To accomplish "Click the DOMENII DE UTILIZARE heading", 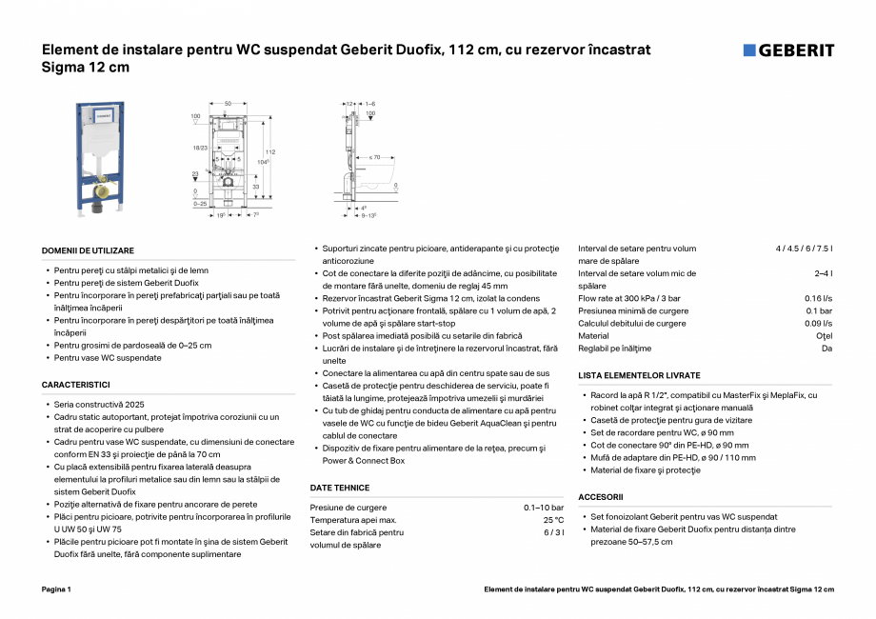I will coord(88,250).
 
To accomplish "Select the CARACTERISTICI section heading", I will coord(76,384).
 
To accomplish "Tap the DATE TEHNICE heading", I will coord(340,488).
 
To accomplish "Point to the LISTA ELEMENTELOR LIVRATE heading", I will coord(639,375).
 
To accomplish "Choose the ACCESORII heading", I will coord(601,497).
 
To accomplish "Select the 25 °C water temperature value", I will coord(553,520).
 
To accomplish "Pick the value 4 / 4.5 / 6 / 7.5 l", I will coord(804,250).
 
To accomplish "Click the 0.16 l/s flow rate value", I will coord(819,299).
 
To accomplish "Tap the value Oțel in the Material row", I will coord(825,336).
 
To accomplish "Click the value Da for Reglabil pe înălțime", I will coord(826,349).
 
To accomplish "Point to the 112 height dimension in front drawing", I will coord(270,152).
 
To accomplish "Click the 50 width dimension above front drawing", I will coord(228,102).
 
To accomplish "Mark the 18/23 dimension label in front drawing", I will coord(199,148).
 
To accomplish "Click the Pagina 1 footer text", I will coord(56,589).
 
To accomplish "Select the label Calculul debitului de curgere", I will coord(631,324).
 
